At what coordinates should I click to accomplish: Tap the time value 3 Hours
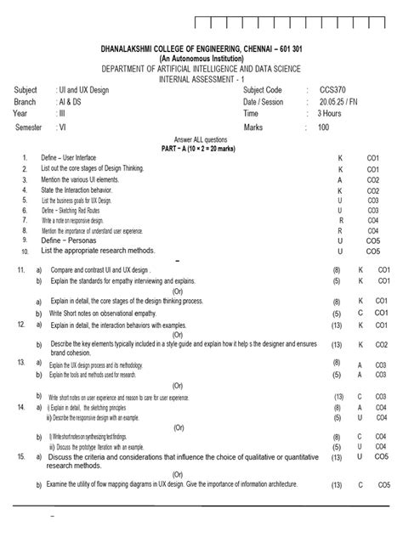332,112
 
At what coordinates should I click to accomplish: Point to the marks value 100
323,127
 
